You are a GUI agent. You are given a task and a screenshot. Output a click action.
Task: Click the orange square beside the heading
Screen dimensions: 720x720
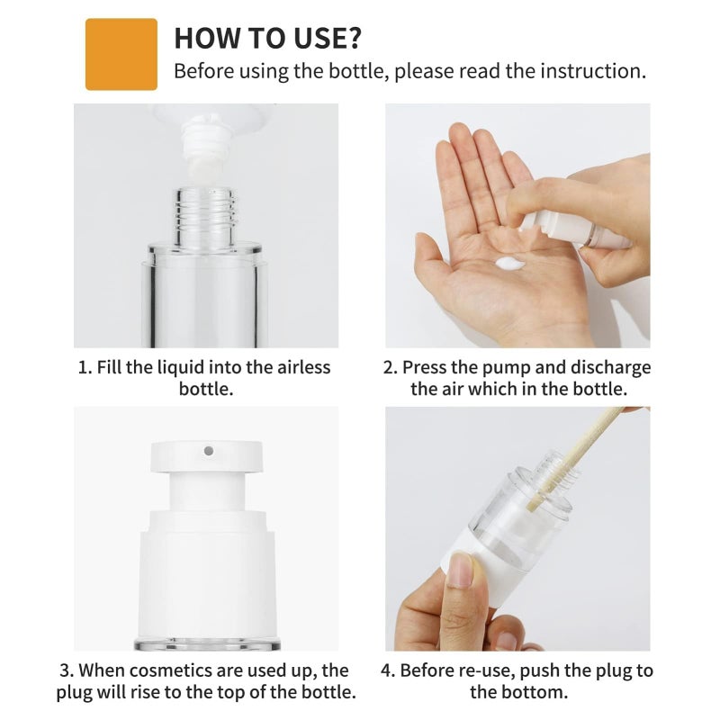121,54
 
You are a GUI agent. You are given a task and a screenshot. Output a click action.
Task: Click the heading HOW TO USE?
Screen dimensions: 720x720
267,38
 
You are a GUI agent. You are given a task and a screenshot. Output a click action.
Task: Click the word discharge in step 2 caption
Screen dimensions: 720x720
609,367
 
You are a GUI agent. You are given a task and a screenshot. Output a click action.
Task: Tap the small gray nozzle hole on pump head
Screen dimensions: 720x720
207,450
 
